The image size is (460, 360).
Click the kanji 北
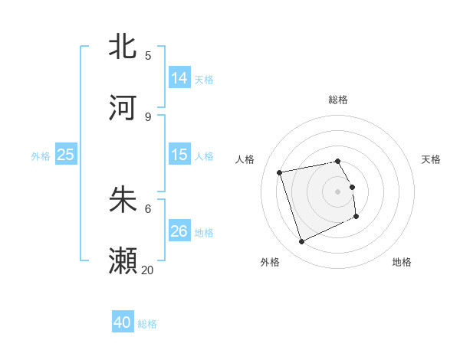click(123, 47)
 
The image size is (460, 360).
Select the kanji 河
click(123, 108)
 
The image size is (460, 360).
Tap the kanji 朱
click(123, 200)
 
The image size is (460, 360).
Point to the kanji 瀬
click(123, 261)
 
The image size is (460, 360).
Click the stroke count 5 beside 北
click(148, 55)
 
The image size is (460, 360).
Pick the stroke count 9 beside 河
click(148, 116)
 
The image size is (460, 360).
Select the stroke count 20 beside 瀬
click(148, 270)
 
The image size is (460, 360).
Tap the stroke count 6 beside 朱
click(148, 208)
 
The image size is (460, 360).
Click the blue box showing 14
click(179, 78)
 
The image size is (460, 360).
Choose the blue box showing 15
click(179, 155)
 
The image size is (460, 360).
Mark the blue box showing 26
click(179, 231)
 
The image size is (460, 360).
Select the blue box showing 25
click(66, 155)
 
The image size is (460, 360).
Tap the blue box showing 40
click(123, 322)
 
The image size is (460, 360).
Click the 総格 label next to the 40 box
click(147, 324)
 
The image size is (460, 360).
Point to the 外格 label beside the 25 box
click(41, 156)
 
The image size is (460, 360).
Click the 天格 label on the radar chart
click(431, 159)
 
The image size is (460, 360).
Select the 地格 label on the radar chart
click(402, 262)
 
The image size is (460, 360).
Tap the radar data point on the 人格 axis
click(280, 172)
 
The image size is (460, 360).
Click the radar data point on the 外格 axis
click(301, 242)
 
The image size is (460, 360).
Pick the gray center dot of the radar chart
click(338, 191)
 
